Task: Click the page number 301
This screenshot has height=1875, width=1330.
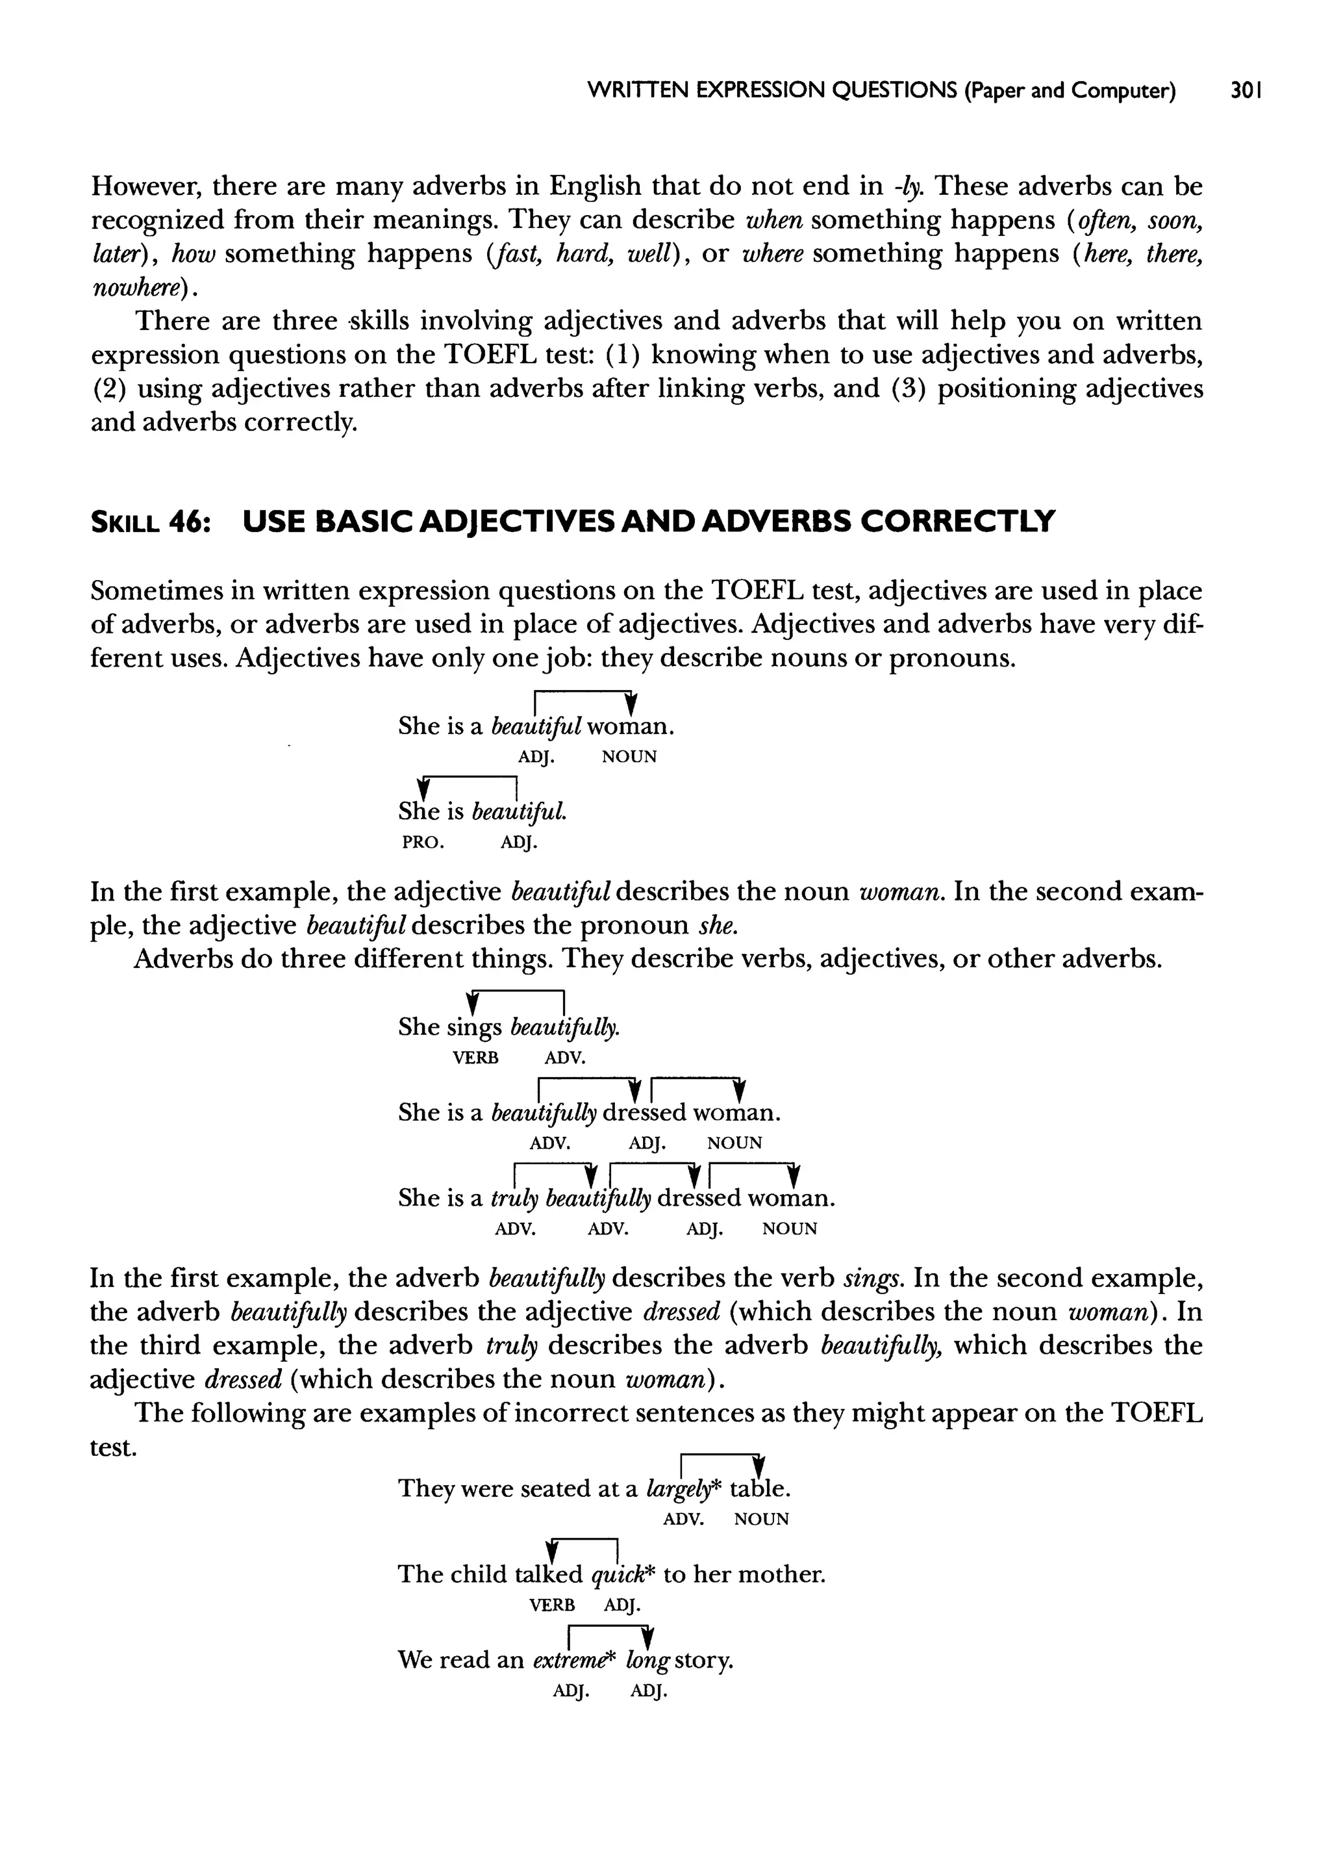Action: pos(1246,90)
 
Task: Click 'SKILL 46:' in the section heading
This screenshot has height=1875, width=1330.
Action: pos(151,521)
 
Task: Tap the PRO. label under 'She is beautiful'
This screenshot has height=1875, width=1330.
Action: pos(423,842)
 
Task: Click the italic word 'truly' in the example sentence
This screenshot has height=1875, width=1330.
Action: pos(514,1199)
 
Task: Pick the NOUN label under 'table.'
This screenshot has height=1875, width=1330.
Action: pos(761,1520)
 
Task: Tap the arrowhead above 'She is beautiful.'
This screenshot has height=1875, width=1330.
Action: pos(423,788)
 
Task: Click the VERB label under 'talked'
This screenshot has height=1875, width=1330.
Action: pos(552,1605)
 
